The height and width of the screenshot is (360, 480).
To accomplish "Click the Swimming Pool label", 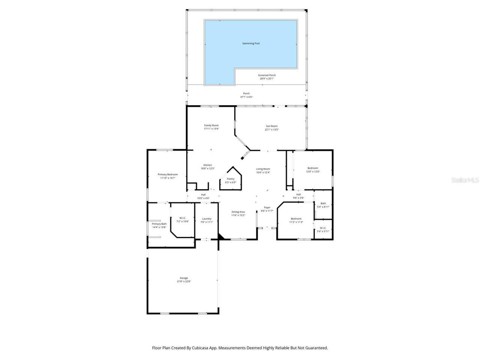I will click(251, 43).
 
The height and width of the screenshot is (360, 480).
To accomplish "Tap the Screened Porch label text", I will click(267, 75).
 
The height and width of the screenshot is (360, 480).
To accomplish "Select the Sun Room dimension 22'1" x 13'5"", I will click(271, 130).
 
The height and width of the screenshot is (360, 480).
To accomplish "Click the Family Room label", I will click(211, 125).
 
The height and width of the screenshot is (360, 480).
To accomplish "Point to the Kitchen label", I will click(208, 165).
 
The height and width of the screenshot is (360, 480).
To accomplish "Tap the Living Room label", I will click(263, 169).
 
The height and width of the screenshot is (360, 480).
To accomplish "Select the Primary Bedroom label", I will click(168, 174).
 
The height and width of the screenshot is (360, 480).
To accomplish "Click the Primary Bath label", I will click(159, 224).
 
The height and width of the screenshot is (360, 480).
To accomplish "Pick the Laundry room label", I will click(207, 219).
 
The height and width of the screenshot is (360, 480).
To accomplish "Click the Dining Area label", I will click(238, 212).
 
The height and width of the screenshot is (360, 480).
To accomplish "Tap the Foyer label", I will click(267, 207).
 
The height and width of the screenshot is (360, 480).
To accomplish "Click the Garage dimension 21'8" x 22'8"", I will click(184, 282).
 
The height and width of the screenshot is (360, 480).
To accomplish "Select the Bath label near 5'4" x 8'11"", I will click(323, 203).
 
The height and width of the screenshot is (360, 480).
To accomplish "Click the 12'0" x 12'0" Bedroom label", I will click(313, 168).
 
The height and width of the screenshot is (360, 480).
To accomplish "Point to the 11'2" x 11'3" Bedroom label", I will click(296, 219).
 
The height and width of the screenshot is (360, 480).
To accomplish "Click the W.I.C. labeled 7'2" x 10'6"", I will click(183, 218).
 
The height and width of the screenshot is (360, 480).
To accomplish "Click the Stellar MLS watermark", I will click(465, 180).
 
